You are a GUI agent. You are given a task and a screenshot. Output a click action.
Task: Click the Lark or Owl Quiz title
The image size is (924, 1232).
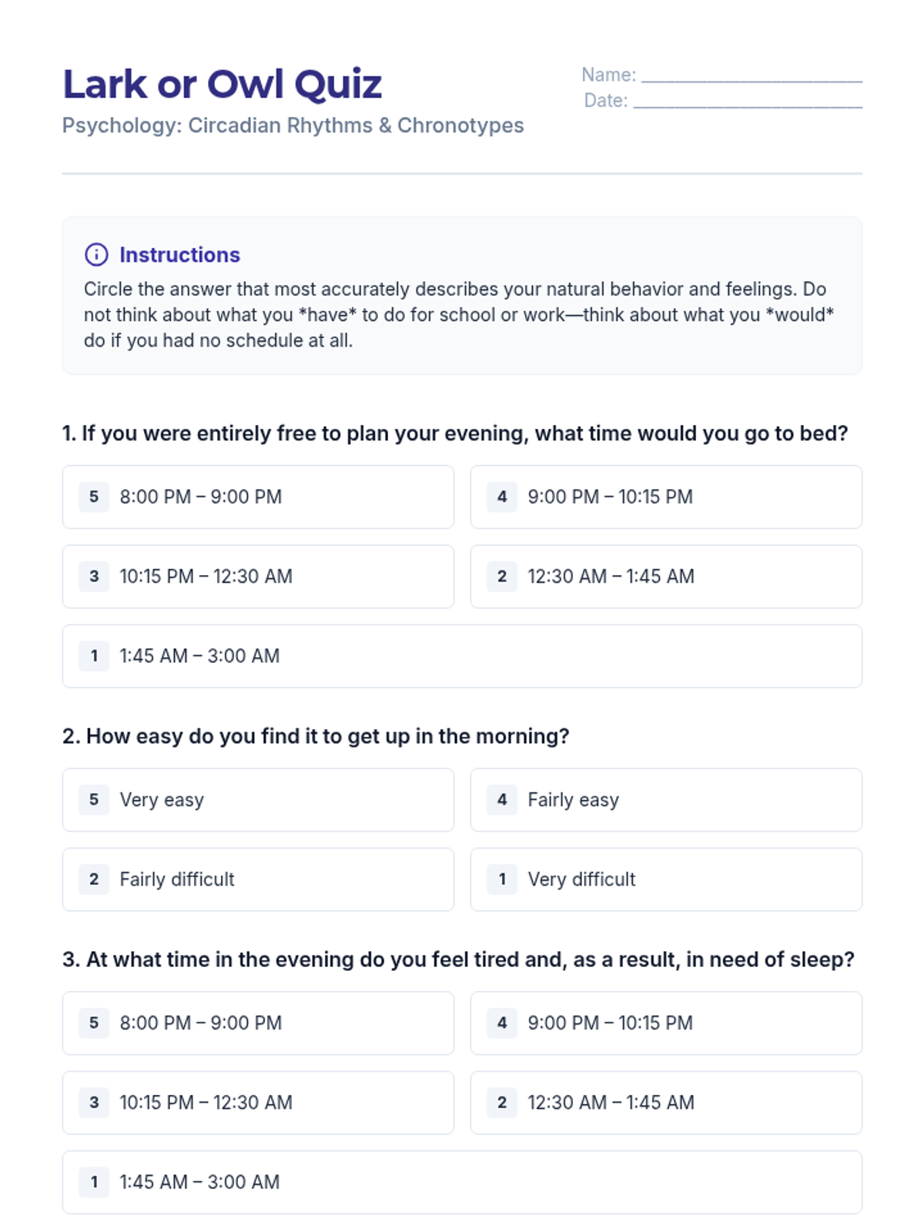pos(222,84)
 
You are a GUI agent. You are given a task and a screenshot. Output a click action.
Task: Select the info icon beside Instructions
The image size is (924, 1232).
pos(96,254)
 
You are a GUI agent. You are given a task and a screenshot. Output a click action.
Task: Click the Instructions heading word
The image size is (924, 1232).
pos(179,255)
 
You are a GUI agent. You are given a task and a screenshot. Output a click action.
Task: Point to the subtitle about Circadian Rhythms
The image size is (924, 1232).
pos(293,126)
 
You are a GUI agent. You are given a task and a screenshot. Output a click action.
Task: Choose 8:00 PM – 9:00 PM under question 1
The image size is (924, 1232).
pos(258,497)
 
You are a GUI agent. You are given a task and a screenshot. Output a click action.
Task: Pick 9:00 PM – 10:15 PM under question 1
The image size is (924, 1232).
pos(666,497)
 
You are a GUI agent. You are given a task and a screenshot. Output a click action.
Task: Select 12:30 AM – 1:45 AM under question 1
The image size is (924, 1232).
pos(666,577)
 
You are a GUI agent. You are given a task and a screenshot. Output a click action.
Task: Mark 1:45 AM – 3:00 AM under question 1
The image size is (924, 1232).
pos(462,656)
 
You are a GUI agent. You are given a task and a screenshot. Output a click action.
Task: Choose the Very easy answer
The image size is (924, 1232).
pos(258,800)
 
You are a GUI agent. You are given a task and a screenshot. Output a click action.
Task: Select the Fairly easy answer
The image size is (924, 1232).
pos(666,800)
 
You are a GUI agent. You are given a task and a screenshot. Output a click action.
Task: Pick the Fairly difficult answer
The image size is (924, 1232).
pos(258,879)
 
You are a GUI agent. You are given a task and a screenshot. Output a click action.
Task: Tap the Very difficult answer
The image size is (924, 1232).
pos(666,879)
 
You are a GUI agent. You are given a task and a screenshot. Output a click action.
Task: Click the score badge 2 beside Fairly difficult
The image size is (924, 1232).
pos(94,879)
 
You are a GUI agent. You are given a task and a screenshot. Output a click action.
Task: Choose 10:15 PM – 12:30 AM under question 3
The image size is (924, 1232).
pos(258,1103)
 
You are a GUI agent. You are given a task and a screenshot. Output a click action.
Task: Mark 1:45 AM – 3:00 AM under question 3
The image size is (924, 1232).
pos(462,1182)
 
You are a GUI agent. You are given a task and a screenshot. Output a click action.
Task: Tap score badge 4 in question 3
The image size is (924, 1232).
pos(502,1023)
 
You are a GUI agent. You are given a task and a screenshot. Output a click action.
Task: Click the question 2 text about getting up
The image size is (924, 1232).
pos(316,737)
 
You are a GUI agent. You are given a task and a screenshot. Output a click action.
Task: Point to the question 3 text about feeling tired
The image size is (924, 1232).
pos(458,959)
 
